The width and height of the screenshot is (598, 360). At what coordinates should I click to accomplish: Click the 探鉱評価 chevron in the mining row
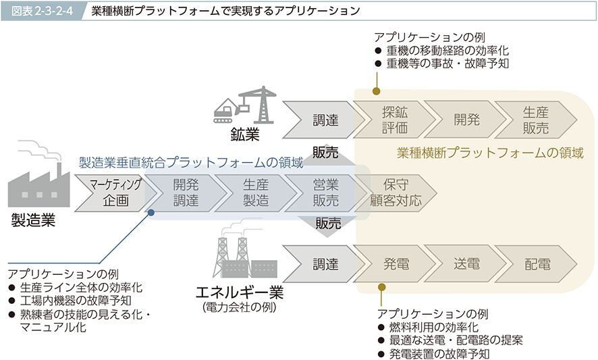pos(394,120)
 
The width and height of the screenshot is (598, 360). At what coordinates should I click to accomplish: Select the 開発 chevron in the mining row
pos(466,120)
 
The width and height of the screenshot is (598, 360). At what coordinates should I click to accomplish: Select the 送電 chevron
pos(466,264)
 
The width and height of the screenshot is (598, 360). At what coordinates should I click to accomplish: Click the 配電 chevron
pos(537,264)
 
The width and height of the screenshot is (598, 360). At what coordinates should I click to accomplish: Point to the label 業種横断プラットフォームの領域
pos(490,153)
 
